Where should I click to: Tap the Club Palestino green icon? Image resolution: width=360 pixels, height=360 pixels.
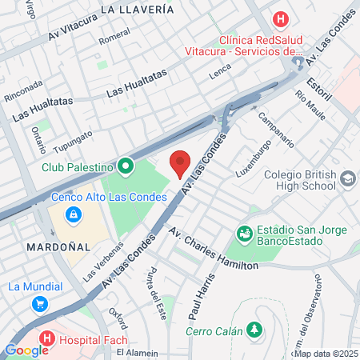coord(125,167)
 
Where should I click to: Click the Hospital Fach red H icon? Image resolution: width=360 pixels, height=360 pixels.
coord(46,338)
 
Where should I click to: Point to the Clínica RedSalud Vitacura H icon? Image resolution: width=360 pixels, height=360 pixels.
coord(280,18)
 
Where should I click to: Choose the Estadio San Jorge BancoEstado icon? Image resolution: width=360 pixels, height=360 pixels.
coord(245,233)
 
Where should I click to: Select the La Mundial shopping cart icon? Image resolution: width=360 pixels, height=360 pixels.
coord(40,304)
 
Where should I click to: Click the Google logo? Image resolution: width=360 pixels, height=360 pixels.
coord(26,350)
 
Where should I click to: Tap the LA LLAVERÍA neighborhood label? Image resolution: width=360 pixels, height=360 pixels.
coord(138,10)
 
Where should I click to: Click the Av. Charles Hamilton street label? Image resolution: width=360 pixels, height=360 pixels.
coord(214,249)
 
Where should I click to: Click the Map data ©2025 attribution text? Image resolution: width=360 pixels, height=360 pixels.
coord(326,353)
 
